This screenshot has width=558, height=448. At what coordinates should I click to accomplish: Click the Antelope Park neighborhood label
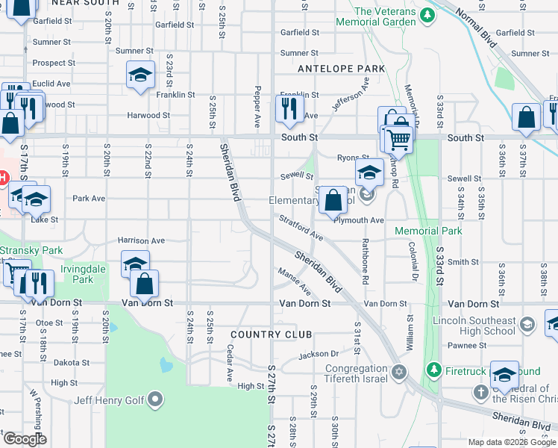coord(341,69)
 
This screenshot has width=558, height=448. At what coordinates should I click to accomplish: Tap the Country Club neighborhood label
coord(272,334)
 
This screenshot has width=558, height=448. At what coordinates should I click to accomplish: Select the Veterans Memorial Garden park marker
coord(427,15)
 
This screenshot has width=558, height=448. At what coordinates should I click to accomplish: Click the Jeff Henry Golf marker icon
coord(155,400)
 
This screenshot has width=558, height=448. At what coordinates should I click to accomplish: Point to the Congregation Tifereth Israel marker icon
coord(398,372)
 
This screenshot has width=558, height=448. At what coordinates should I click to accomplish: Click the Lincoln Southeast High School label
coord(474,329)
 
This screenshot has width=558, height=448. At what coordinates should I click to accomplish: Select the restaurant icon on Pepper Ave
coord(287,109)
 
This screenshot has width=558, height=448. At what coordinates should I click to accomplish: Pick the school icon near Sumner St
coord(139,75)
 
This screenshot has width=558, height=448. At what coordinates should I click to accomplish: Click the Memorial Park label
coord(428,231)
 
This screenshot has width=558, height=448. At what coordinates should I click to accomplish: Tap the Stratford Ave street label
coord(301,228)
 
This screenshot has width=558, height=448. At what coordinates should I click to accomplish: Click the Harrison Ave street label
coord(141,240)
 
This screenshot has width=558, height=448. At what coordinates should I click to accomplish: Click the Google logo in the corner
coord(25,439)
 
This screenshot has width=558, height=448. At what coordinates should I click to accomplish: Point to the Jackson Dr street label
coord(319,354)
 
